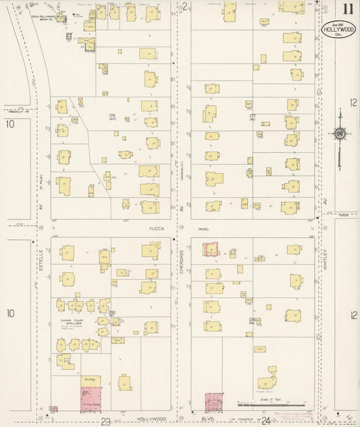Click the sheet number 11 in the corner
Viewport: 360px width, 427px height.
(x=346, y=9)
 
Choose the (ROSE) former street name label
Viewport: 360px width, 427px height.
(x=202, y=229)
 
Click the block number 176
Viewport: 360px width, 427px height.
(x=113, y=116)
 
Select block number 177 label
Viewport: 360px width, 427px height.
(x=253, y=116)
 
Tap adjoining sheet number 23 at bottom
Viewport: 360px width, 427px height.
(x=105, y=422)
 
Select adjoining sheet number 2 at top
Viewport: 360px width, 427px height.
(x=184, y=6)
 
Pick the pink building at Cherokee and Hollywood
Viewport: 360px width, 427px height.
(x=215, y=403)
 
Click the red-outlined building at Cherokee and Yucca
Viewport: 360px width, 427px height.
(x=211, y=250)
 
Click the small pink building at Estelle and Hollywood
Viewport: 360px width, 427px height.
(x=53, y=409)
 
